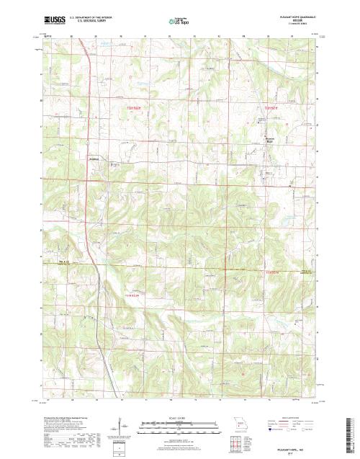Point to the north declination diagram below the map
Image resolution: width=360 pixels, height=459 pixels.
[115, 432]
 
